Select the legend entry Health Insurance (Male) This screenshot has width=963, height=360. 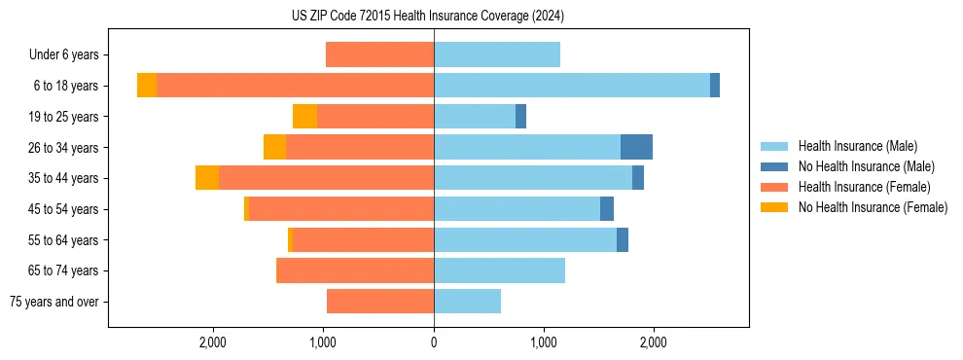[857, 146]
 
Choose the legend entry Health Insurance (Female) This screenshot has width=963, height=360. [864, 187]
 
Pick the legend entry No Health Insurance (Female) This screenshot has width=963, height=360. [873, 207]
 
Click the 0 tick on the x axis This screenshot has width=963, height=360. [434, 342]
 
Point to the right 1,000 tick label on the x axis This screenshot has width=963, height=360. [544, 342]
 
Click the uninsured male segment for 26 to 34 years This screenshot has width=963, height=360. [636, 147]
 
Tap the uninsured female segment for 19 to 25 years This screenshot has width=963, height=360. [304, 117]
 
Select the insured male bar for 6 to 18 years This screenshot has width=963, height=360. [572, 86]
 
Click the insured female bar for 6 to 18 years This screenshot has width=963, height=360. [295, 86]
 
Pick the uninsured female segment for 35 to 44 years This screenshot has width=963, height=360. [207, 178]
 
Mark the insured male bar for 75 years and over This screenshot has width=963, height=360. [467, 302]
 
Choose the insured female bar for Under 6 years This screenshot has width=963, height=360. [379, 55]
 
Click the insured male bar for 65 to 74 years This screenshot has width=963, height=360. [499, 270]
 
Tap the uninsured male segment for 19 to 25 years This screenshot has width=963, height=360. [520, 117]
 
